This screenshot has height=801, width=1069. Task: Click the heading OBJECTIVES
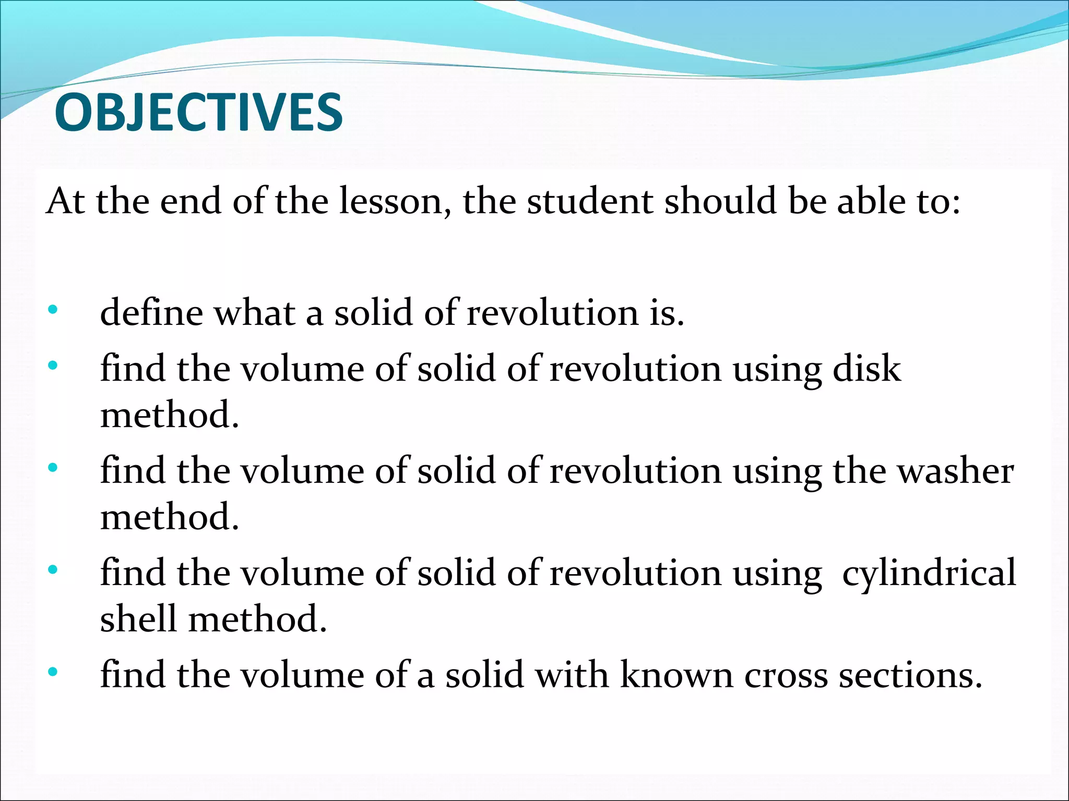(x=198, y=112)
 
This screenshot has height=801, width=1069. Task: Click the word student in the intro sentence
(x=590, y=201)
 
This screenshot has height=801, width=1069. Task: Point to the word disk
(x=866, y=369)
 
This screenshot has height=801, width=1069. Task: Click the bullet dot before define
(x=52, y=310)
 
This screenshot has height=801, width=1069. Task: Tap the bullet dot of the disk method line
(x=52, y=366)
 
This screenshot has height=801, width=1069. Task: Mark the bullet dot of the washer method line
(x=52, y=468)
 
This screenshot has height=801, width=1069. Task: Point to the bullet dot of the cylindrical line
(x=52, y=570)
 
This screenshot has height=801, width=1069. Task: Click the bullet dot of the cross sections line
(x=52, y=672)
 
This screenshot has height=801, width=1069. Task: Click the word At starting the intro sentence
(x=65, y=201)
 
